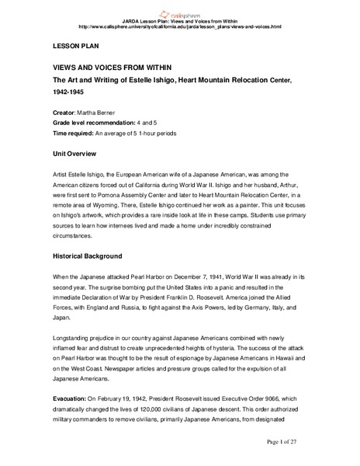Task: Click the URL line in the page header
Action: pos(180,27)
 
